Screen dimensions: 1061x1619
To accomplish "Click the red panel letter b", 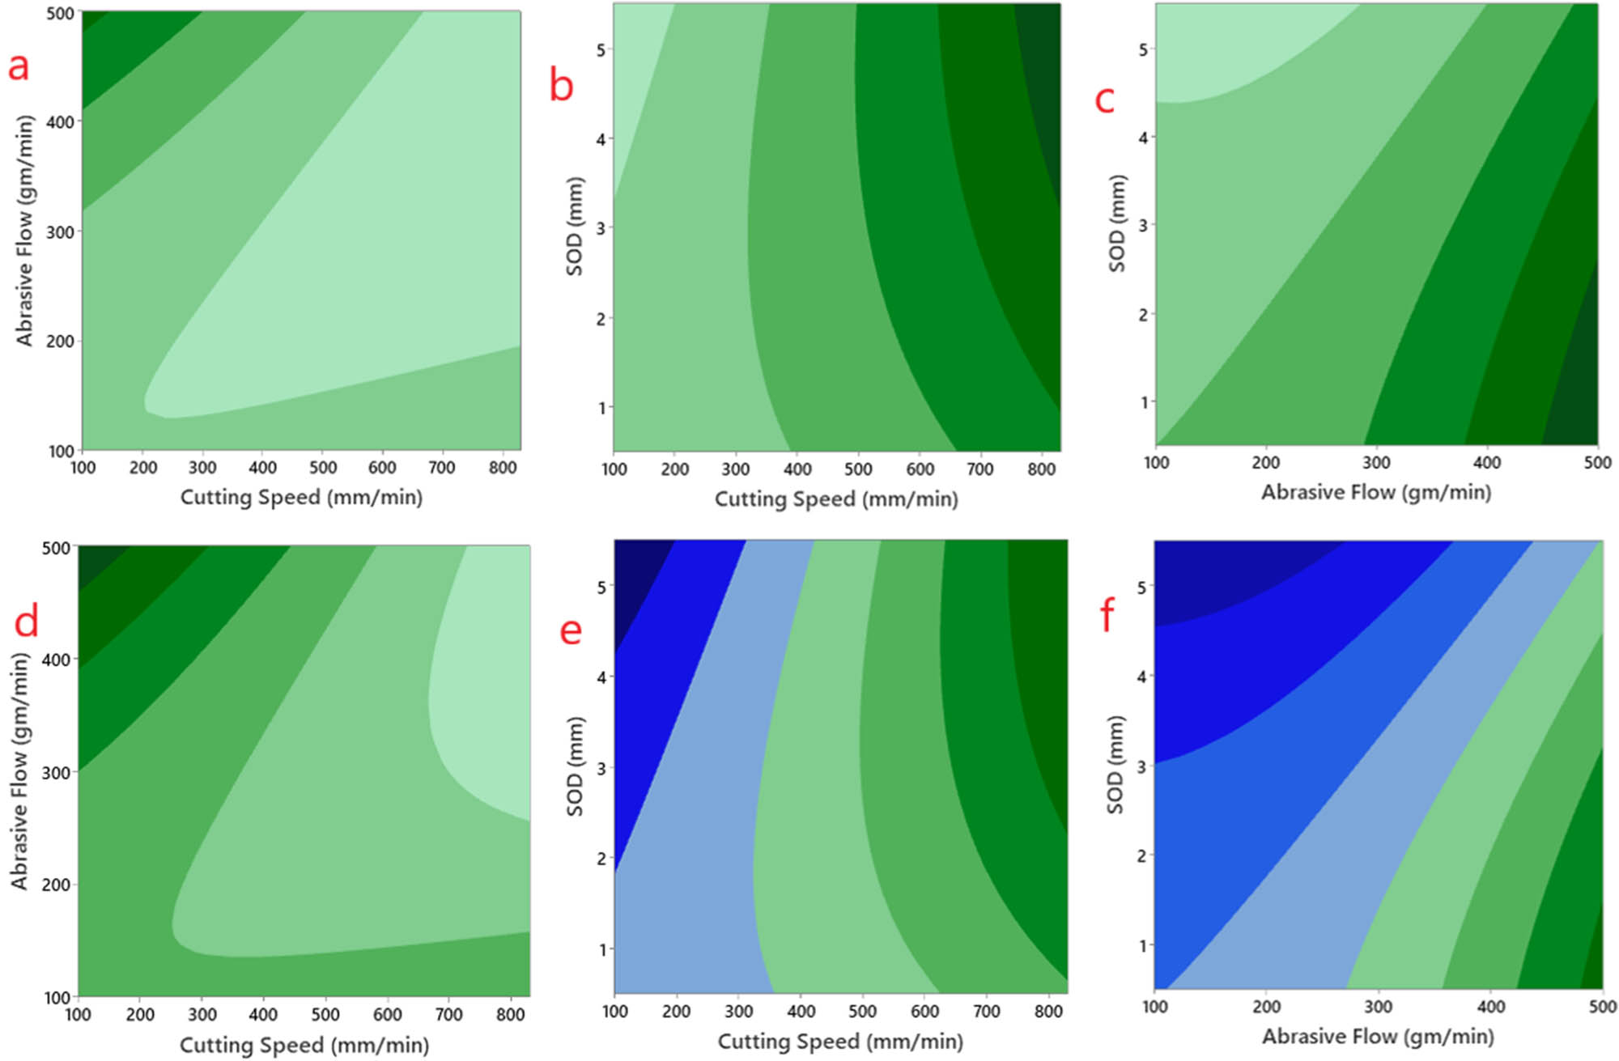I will point(561,84).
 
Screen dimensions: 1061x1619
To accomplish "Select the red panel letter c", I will point(1104,100).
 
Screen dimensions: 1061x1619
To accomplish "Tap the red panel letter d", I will point(27,622).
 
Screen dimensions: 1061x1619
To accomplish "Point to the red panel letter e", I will point(571,630).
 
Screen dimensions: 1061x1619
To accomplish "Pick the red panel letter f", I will point(1107,615).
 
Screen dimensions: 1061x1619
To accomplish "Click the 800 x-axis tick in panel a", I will point(503,468).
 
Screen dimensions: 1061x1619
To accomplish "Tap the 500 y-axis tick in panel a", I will point(61,14).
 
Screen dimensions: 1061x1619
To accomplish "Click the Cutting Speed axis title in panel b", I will point(836,499).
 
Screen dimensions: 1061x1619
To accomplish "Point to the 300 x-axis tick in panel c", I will point(1376,463).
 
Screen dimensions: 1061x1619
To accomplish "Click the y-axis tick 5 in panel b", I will point(601,50).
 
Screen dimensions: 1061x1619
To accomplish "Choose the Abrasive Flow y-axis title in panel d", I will point(19,770).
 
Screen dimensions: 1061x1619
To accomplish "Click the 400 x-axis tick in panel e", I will point(801,1012).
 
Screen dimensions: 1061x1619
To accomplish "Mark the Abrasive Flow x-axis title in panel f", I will point(1378,1037).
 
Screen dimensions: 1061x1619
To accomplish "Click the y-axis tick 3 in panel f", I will point(1141,766).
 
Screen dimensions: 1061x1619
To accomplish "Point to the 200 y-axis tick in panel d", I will point(56,885).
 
